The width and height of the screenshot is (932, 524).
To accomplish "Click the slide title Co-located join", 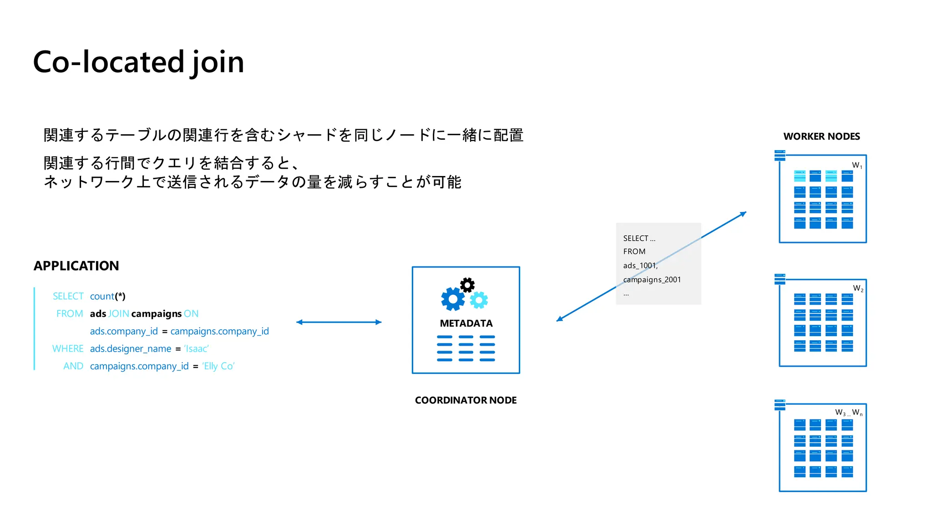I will (138, 62).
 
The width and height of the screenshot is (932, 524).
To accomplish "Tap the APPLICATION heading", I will (76, 266).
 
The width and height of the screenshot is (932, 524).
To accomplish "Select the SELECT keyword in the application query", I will (68, 296).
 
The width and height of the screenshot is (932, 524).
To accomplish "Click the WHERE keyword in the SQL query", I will (68, 348).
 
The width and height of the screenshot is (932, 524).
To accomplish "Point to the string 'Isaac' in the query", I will (196, 348).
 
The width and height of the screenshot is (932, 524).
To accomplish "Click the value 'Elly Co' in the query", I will (218, 366).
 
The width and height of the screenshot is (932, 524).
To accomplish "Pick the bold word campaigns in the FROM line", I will (156, 314).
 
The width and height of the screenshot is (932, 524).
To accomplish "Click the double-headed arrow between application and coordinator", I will (339, 322).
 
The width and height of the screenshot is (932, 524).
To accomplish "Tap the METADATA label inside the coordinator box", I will (466, 323).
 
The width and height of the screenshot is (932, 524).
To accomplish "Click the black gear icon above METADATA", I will (467, 285).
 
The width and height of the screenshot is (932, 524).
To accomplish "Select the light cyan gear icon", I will (479, 300).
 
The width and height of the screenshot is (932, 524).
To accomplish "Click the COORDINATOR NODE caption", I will (466, 400).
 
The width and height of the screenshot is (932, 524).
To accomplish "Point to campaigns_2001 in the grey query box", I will (652, 280).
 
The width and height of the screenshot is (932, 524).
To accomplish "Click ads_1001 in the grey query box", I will (640, 266).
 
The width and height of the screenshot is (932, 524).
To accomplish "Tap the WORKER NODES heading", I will (821, 136).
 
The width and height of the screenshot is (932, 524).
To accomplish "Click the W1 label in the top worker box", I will (857, 166).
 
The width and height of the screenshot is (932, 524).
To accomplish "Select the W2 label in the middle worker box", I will (858, 288).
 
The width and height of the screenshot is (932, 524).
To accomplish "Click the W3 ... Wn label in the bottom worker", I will (848, 413).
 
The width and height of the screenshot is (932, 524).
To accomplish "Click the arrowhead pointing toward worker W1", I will (743, 213).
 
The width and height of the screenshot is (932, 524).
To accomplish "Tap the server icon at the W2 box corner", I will (780, 279).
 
